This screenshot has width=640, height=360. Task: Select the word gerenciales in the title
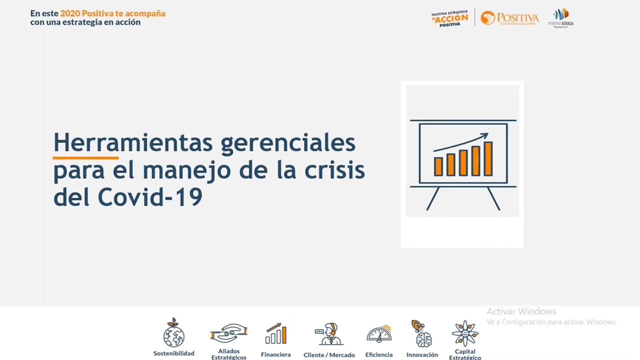[x=288, y=143]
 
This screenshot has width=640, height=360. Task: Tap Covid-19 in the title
[x=149, y=197]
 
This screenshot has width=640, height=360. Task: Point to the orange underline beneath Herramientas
[x=78, y=157]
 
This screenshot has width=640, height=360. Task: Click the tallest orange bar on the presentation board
[x=488, y=158]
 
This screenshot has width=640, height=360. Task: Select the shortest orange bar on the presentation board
[x=438, y=166]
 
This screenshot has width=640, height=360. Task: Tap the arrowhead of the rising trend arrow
[x=484, y=135]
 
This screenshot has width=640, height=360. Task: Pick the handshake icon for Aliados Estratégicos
[x=228, y=333]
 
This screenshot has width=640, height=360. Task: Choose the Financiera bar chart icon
[x=276, y=334]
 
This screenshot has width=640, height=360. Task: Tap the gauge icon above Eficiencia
[x=379, y=333]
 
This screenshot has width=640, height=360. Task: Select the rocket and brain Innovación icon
[x=422, y=333]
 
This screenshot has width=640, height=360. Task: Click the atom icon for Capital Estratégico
[x=465, y=333]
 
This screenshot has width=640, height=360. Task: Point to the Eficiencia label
[x=379, y=354]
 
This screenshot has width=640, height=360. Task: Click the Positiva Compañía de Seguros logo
[x=509, y=18]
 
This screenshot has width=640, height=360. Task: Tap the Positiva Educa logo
[x=560, y=17]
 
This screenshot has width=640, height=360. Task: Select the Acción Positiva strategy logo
[x=449, y=18]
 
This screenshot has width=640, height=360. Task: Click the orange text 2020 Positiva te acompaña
[x=112, y=13]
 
